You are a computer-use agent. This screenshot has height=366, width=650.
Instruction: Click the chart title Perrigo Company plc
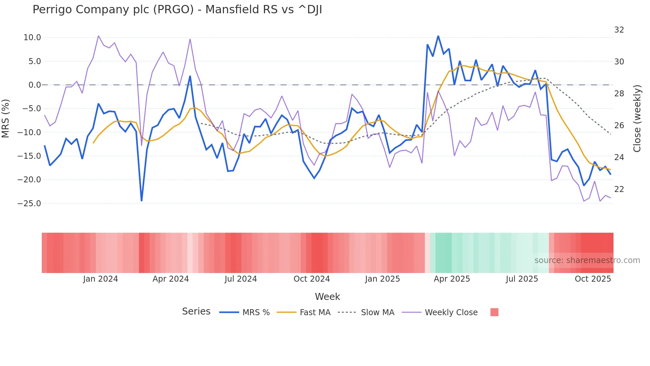[x=177, y=10]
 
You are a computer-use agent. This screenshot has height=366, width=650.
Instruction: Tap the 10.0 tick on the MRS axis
[x=32, y=38]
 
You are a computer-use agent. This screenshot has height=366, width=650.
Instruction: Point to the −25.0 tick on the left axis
[x=29, y=203]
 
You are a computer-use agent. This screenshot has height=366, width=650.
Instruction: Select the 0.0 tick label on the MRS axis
[x=34, y=85]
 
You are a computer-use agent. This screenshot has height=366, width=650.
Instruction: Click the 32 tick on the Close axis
[x=619, y=30]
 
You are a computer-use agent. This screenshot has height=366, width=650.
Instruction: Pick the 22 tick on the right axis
[x=619, y=189]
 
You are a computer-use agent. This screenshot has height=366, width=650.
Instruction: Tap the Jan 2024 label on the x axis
[x=100, y=279]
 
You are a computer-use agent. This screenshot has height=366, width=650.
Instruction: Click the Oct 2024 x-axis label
[x=311, y=279]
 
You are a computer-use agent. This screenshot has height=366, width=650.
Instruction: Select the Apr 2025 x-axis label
[x=452, y=279]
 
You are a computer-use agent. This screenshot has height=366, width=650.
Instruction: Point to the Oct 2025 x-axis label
[x=593, y=279]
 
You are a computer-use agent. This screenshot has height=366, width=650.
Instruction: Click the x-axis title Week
[x=327, y=297]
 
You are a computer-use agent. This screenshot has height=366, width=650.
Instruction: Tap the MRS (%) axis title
[x=6, y=118]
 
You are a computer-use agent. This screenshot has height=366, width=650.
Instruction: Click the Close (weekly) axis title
[x=637, y=118]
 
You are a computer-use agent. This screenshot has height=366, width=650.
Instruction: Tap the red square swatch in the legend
[x=494, y=312]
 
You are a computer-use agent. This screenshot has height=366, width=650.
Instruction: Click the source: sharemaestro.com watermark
[x=587, y=260]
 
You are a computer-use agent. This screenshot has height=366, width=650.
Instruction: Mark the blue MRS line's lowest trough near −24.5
[x=142, y=201]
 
